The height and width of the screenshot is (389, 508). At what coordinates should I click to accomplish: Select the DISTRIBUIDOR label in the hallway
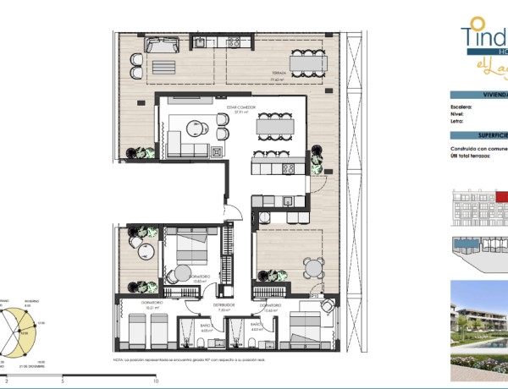point(224,305)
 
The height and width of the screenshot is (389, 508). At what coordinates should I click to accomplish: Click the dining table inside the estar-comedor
point(271,127)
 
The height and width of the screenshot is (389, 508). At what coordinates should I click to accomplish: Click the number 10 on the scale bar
point(147,382)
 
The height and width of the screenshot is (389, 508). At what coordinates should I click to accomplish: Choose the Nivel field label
point(458,114)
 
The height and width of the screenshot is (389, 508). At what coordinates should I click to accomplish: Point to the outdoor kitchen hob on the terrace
point(202,42)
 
